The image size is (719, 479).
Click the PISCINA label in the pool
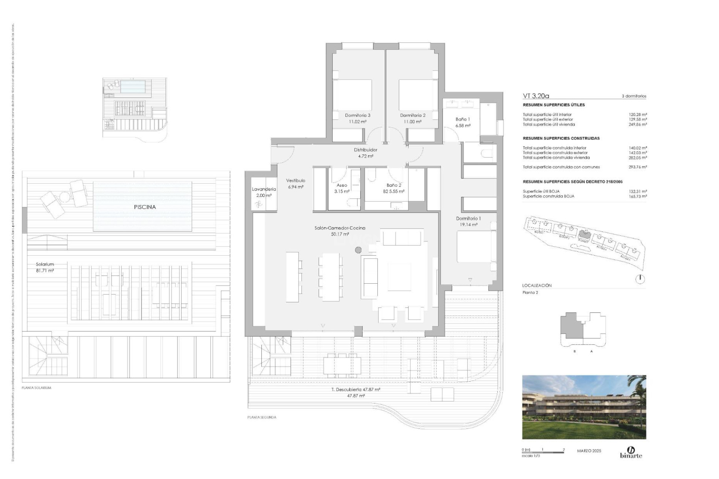(145, 207)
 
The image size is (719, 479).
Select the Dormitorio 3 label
(358, 115)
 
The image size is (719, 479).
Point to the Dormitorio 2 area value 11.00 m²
(412, 122)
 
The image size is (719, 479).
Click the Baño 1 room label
(462, 119)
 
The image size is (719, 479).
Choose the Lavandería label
(264, 189)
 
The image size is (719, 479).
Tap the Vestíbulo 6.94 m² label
(295, 183)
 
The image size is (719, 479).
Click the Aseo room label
(342, 185)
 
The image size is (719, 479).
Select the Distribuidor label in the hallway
(365, 150)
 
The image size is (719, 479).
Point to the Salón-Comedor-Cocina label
(340, 228)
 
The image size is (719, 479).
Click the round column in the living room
(358, 250)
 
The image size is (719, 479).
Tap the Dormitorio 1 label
(468, 218)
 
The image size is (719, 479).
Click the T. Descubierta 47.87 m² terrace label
(356, 390)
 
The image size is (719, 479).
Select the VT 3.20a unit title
(536, 96)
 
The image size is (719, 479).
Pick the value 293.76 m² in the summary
(638, 167)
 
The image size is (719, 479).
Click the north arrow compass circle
(640, 279)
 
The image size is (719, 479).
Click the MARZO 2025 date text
(589, 451)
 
